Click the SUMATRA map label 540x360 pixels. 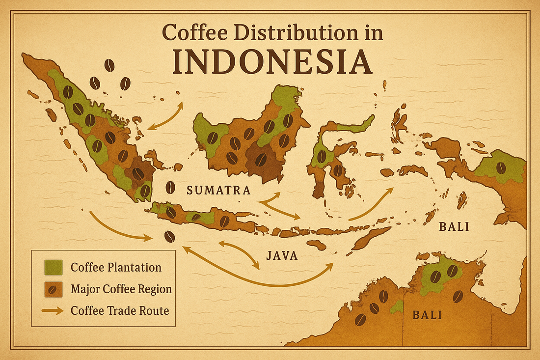pos(218,191)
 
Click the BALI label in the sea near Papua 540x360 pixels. pos(454,227)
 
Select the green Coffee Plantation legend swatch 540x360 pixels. pos(53,267)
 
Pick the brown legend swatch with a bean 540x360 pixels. pos(53,289)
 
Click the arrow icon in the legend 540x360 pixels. pos(53,310)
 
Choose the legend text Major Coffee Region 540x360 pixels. pos(121,289)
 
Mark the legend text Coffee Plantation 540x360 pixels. pos(116,267)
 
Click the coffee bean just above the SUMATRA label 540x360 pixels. pos(170,187)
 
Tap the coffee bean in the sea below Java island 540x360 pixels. pos(169,236)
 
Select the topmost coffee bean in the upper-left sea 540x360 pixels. pos(109,66)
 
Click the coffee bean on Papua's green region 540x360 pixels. pos(501,168)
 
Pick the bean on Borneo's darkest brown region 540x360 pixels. pos(261,159)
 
